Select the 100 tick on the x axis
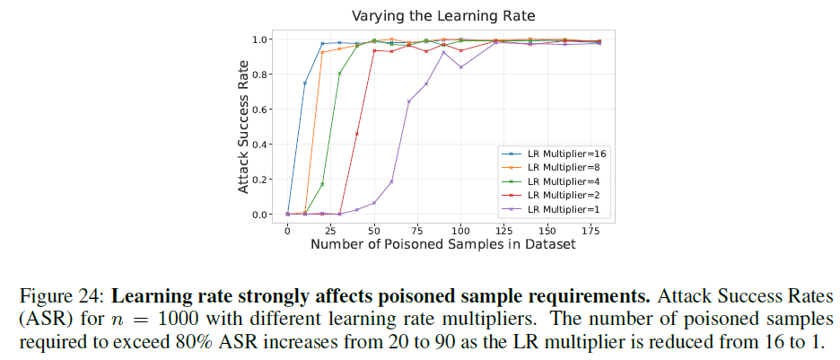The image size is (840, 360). pos(460,232)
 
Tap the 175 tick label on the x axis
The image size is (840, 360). pos(591,232)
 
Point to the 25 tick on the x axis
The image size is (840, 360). pos(330,232)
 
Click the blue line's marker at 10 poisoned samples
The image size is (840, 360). pos(305,83)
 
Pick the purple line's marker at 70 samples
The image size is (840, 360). pos(409,101)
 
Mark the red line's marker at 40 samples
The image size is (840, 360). pos(357,134)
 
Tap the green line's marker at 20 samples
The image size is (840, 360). pos(322,184)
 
